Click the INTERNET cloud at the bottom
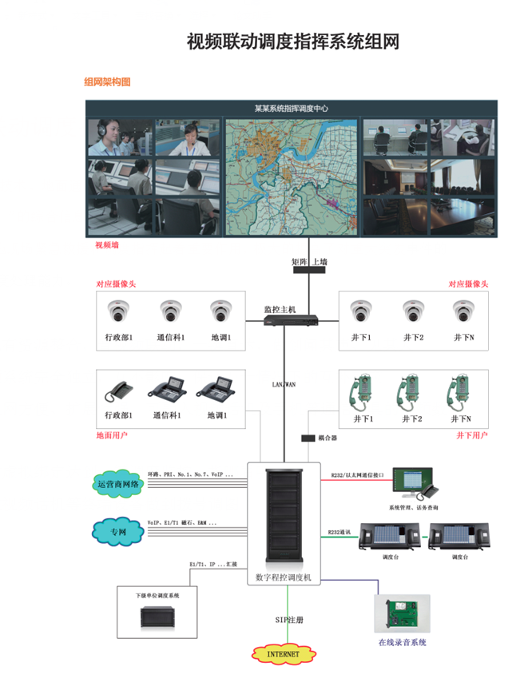[282, 654]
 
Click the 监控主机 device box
[292, 320]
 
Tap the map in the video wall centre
[292, 176]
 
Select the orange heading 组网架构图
[107, 81]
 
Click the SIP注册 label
[289, 620]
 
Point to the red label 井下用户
[471, 435]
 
